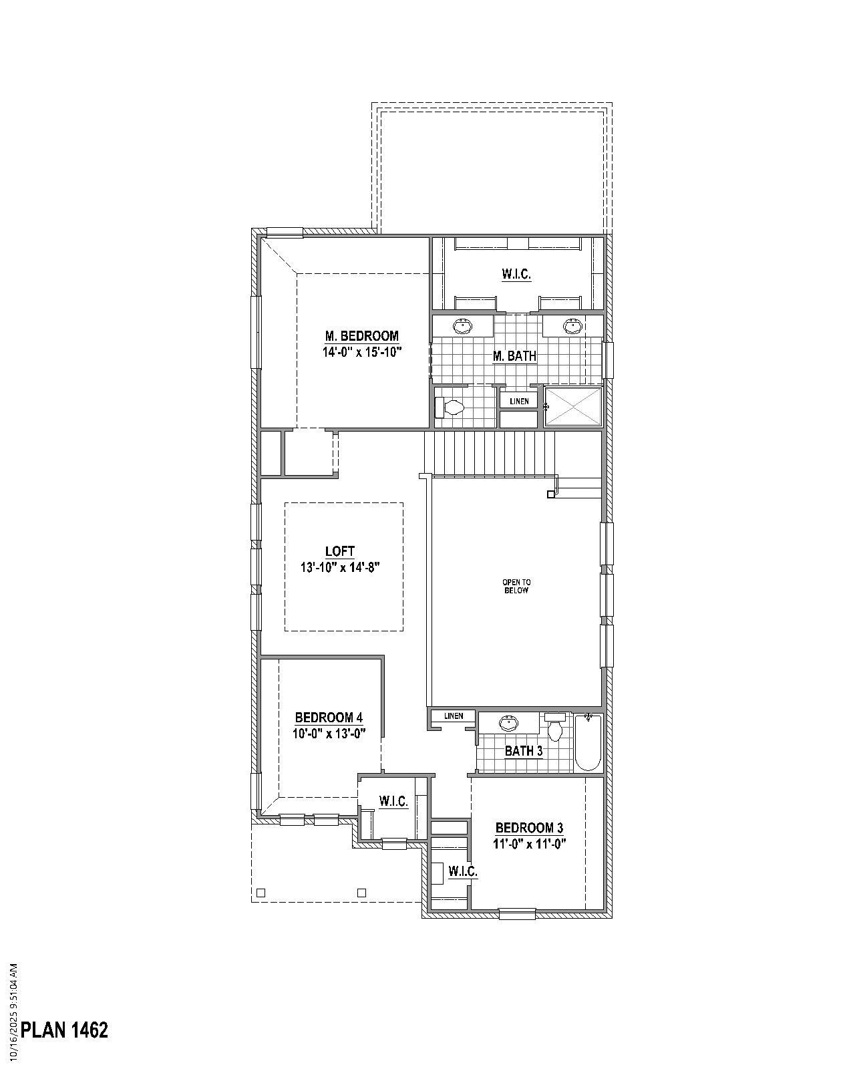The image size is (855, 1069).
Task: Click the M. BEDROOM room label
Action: (361, 336)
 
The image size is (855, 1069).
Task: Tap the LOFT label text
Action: (339, 551)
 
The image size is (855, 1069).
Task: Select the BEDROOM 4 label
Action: (329, 718)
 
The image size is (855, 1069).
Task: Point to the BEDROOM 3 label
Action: (529, 828)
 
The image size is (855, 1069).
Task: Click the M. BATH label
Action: (514, 356)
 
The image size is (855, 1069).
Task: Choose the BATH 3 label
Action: (523, 751)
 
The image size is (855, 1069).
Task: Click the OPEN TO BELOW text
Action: (516, 587)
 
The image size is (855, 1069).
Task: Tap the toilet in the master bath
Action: (450, 407)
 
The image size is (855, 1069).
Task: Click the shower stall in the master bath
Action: (574, 406)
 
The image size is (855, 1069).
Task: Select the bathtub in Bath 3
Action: (588, 742)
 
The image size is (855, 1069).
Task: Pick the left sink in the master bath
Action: (462, 326)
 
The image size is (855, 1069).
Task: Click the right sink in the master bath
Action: (571, 326)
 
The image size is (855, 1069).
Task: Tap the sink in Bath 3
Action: (509, 722)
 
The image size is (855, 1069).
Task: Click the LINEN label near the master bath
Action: (519, 402)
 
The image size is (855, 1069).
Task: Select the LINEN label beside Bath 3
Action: (454, 716)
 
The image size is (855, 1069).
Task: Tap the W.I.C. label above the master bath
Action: (516, 274)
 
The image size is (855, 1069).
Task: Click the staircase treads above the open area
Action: (491, 452)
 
